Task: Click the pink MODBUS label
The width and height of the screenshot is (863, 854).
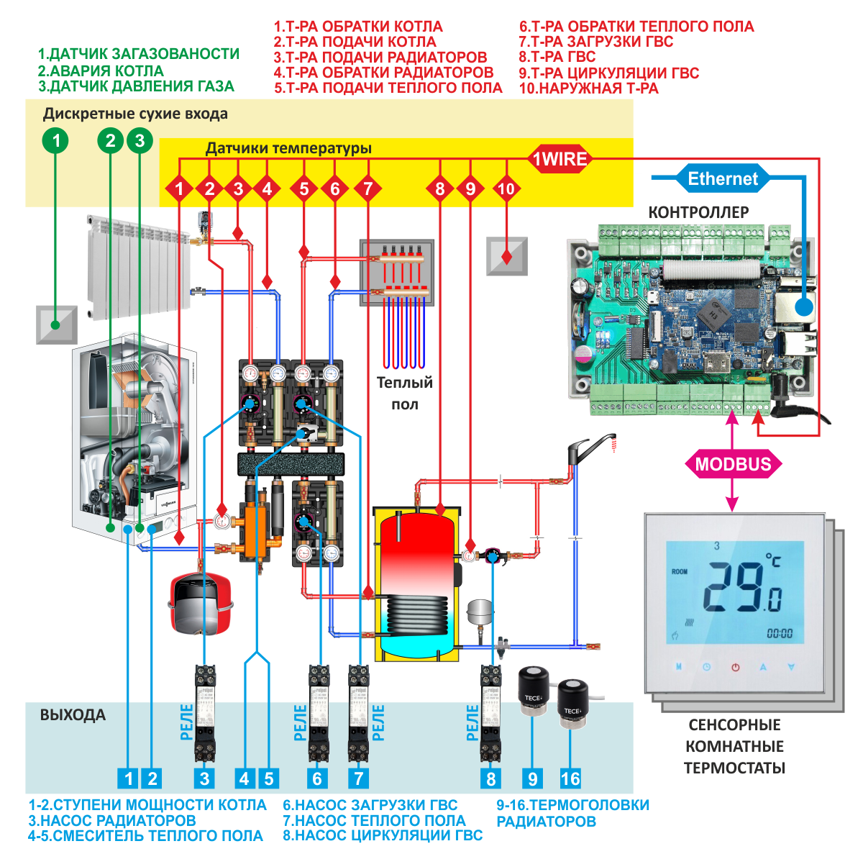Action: [733, 464]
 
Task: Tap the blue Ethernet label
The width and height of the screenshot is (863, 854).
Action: [723, 178]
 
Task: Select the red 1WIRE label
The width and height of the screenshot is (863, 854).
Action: [560, 159]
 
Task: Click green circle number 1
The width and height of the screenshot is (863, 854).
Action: [56, 140]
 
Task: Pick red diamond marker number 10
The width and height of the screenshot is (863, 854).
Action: [506, 189]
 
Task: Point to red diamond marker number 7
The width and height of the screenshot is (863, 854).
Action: [368, 189]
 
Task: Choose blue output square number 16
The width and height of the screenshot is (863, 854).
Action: [570, 778]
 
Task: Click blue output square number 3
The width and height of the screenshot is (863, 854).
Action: [205, 778]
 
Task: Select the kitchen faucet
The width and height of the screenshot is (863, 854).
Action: [590, 449]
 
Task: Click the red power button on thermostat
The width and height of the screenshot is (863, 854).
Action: [735, 667]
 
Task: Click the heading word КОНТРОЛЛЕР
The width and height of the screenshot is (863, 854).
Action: [698, 212]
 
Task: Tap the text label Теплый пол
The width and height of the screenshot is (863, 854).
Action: [405, 393]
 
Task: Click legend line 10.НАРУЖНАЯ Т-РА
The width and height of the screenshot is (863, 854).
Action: [588, 88]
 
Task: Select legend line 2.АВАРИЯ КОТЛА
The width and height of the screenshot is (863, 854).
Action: [101, 71]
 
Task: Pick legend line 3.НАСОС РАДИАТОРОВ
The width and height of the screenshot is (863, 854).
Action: [112, 820]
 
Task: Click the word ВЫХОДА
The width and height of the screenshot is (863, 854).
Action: [73, 715]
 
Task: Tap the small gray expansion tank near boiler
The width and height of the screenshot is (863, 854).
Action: [479, 612]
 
